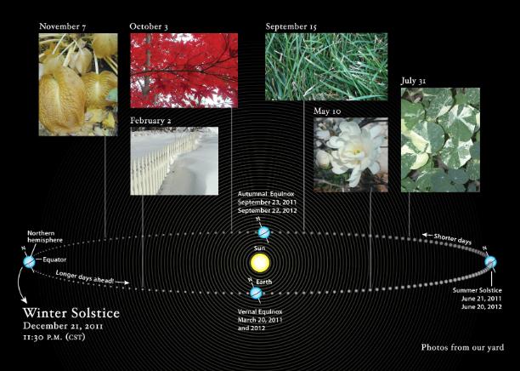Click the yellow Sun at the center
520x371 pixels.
(x=260, y=262)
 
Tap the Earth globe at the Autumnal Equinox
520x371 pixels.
(x=264, y=232)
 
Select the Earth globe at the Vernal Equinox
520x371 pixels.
(x=256, y=294)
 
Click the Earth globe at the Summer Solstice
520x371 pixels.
(x=490, y=262)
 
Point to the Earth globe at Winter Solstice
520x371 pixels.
(x=29, y=262)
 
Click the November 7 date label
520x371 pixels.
(x=62, y=26)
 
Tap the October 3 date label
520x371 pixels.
(x=149, y=26)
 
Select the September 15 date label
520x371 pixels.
(x=291, y=26)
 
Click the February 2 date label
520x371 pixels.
(x=150, y=121)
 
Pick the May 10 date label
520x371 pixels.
(x=327, y=111)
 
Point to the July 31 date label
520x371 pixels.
(x=413, y=81)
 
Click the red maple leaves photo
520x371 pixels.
(x=184, y=71)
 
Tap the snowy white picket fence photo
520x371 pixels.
(x=174, y=161)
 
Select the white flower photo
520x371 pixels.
(x=351, y=155)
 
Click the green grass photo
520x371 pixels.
(x=326, y=66)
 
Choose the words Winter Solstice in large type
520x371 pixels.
(x=71, y=313)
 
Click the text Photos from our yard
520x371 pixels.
(x=462, y=348)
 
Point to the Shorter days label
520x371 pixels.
(x=452, y=238)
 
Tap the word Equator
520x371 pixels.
(x=54, y=260)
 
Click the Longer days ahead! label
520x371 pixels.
(x=85, y=277)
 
